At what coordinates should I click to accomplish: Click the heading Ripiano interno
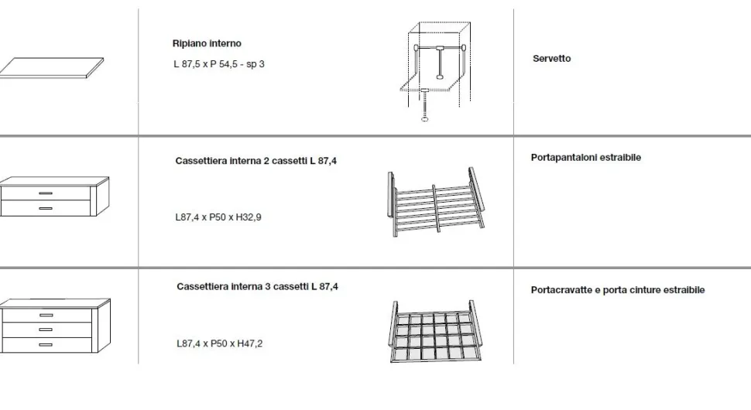coord(207,43)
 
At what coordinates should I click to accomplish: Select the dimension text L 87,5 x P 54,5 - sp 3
coord(219,64)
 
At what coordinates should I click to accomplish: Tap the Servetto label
coord(552,58)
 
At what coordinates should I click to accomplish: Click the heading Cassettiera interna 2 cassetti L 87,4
coord(255,161)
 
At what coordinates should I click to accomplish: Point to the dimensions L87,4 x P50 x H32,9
coord(218,217)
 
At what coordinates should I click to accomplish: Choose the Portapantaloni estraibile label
coord(586,157)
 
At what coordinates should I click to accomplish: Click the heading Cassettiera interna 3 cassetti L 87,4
coord(257,286)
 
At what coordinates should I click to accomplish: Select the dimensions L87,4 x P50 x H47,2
coord(219,343)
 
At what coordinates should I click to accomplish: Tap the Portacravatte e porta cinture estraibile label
coord(618,290)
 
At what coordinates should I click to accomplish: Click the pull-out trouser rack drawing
coord(436,202)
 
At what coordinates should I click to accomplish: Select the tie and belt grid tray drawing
coord(435,331)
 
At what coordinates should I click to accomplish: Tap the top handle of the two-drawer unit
coord(46,193)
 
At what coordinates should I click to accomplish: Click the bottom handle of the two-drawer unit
coord(46,209)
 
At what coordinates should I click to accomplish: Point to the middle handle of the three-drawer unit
coord(46,330)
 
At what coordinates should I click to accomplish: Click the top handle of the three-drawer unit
coord(46,316)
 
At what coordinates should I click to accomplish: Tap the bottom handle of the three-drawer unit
coord(46,344)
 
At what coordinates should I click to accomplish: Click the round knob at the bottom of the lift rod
coord(425,118)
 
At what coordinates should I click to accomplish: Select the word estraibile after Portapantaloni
coord(621,157)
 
